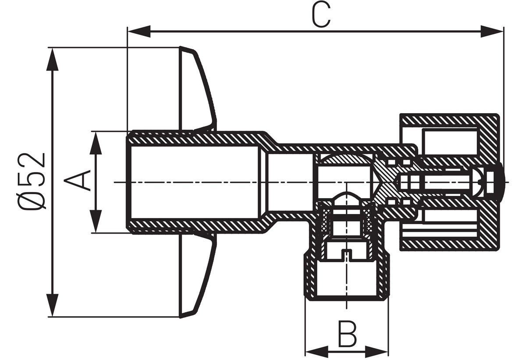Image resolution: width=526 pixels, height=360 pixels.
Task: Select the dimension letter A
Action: [77, 181]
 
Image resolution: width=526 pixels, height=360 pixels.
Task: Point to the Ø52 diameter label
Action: [31, 181]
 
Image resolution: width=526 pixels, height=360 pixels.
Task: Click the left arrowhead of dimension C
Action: [139, 32]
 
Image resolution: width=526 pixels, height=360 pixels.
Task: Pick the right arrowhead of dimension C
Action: [492, 32]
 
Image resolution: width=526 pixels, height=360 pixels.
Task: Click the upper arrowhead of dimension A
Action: [96, 143]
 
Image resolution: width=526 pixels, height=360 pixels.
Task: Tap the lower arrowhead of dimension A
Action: [96, 221]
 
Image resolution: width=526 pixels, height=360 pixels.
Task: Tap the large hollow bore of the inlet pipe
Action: [195, 182]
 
